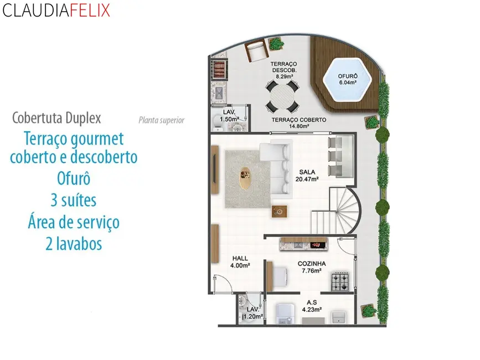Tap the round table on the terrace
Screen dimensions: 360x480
pos(282,96)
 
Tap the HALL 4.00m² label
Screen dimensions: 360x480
pos(240,261)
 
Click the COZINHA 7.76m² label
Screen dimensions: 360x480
pos(312,268)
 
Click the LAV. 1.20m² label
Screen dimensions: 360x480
pos(252,313)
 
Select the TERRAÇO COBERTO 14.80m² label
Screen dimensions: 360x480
pos(298,122)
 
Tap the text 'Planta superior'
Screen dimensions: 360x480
pos(161,120)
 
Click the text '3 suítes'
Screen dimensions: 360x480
pos(74,200)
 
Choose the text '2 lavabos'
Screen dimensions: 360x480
pos(74,244)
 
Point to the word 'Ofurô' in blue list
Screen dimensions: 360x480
pos(74,179)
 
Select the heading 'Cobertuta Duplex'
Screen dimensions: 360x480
pos(56,118)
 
